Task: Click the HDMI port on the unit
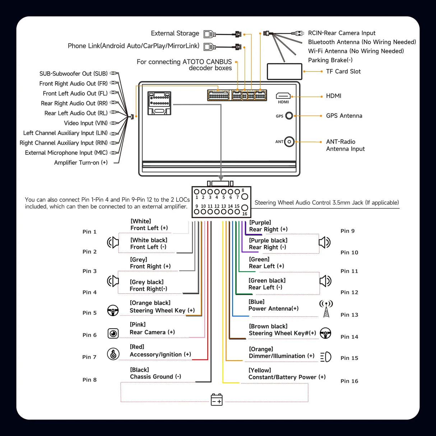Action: pyautogui.click(x=283, y=96)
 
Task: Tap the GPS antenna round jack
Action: pyautogui.click(x=289, y=116)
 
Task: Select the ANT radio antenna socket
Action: pyautogui.click(x=289, y=142)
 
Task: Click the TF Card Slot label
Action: pyautogui.click(x=343, y=71)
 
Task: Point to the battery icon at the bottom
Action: pyautogui.click(x=217, y=399)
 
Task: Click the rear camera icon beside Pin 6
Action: pyautogui.click(x=113, y=334)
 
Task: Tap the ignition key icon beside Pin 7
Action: pyautogui.click(x=113, y=354)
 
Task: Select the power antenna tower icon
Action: pyautogui.click(x=326, y=309)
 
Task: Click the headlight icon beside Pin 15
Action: pyautogui.click(x=326, y=357)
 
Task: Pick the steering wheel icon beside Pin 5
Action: pyautogui.click(x=113, y=310)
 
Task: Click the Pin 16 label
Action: pyautogui.click(x=349, y=381)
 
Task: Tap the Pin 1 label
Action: pyautogui.click(x=89, y=232)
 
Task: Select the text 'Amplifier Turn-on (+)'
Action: pyautogui.click(x=81, y=163)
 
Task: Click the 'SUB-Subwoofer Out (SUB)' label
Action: pyautogui.click(x=73, y=74)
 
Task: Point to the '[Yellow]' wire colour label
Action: pyautogui.click(x=260, y=370)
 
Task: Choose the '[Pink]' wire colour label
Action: pyautogui.click(x=138, y=325)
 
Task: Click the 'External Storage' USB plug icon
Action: pyautogui.click(x=210, y=34)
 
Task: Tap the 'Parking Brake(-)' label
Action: pyautogui.click(x=330, y=60)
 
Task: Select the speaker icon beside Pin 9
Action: pyautogui.click(x=325, y=242)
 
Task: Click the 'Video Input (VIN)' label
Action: pyautogui.click(x=85, y=123)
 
